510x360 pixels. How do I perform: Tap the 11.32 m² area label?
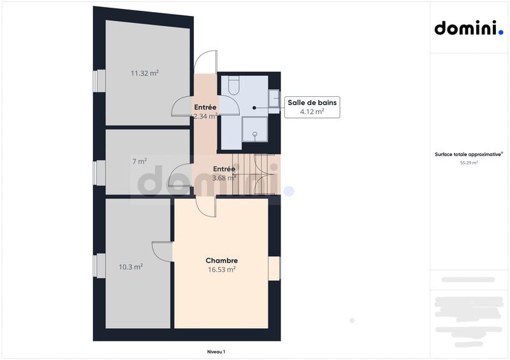pos(145,73)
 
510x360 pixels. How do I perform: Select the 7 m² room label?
pos(140,161)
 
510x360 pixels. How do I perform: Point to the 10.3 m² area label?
pos(131,267)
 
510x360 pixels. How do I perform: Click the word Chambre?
pos(222,261)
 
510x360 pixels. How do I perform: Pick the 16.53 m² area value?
pos(222,270)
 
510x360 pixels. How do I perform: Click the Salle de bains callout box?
pos(313,106)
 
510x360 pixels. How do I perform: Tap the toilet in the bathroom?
pos(233,85)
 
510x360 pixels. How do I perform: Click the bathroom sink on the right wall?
pos(273,101)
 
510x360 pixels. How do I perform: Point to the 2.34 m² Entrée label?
pos(205,112)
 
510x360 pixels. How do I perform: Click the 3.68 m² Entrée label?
pos(224,174)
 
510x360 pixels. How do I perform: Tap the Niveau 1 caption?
pos(216,352)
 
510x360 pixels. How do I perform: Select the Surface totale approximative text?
pos(469,154)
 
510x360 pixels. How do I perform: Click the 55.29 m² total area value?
pos(469,163)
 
